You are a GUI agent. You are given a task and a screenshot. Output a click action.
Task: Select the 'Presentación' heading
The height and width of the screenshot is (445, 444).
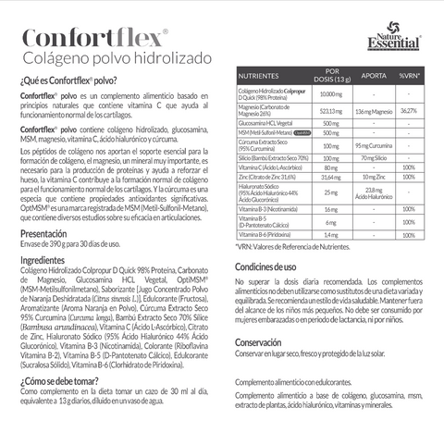(x=43, y=234)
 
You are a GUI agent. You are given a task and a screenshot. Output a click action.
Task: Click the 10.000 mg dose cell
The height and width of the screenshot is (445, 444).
(x=330, y=94)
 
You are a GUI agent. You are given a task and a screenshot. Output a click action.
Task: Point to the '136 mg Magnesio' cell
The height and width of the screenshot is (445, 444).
(x=374, y=110)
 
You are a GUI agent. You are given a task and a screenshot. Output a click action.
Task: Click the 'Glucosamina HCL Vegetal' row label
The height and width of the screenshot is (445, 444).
(x=268, y=123)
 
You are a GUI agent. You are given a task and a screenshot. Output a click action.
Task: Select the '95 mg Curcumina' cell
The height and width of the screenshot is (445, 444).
(x=374, y=145)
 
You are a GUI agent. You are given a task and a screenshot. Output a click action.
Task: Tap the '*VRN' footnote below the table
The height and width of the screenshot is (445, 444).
(x=297, y=248)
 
